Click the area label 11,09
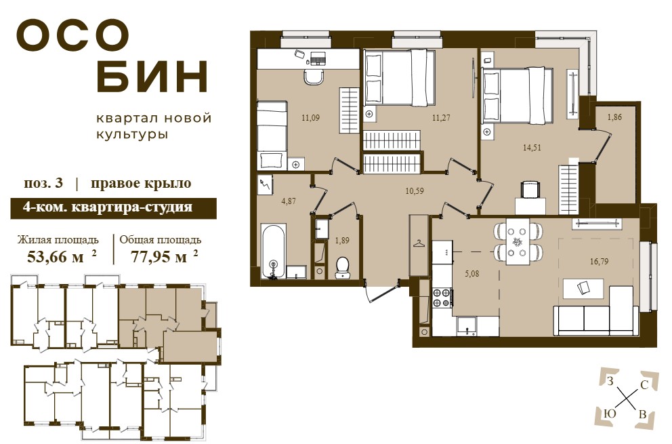310,117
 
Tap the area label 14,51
531,148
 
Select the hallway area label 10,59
415,191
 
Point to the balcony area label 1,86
614,117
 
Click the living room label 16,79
599,261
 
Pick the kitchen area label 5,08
472,273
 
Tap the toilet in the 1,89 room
342,268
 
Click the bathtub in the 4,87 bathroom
274,251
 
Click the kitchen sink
467,325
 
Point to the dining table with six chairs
518,243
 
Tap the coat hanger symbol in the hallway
418,243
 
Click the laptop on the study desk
317,57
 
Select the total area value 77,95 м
159,257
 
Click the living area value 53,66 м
56,257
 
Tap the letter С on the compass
644,385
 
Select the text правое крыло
141,184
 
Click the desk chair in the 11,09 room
313,77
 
